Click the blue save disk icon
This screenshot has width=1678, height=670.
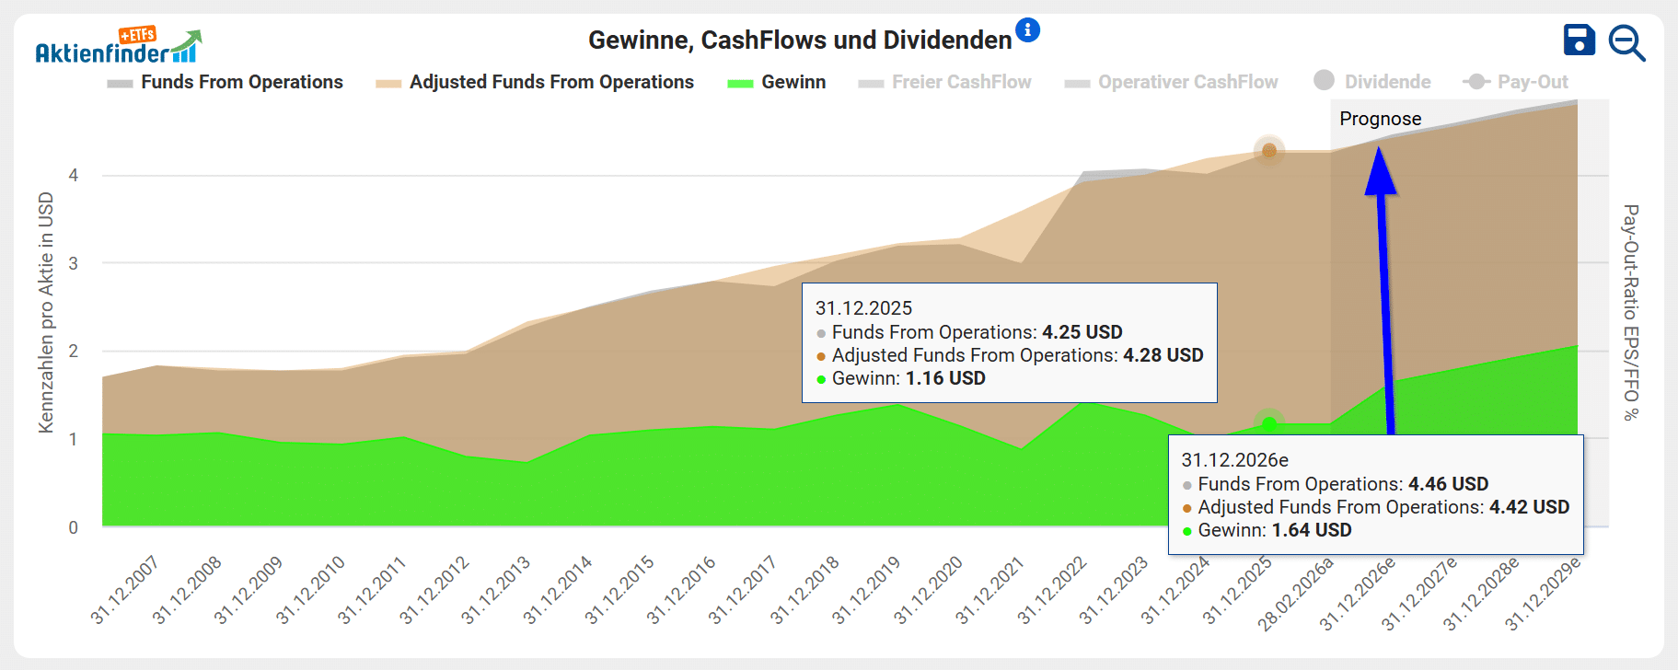pos(1579,40)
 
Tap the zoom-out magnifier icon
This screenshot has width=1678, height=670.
pos(1626,43)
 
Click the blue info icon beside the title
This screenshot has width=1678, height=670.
pos(1027,30)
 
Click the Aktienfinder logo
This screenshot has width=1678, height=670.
pos(118,47)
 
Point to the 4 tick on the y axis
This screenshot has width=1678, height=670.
pos(74,175)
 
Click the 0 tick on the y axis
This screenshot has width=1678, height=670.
pos(74,527)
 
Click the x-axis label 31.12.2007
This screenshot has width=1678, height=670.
pos(125,590)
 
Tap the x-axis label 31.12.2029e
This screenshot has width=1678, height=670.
pos(1543,593)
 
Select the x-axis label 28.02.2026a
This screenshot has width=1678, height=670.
pos(1296,594)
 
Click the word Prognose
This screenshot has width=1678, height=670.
pos(1380,119)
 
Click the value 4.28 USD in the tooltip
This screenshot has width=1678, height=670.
pos(1163,355)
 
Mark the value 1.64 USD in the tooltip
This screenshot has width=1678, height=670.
pos(1312,530)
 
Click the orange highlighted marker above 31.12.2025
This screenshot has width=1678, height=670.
pos(1269,151)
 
